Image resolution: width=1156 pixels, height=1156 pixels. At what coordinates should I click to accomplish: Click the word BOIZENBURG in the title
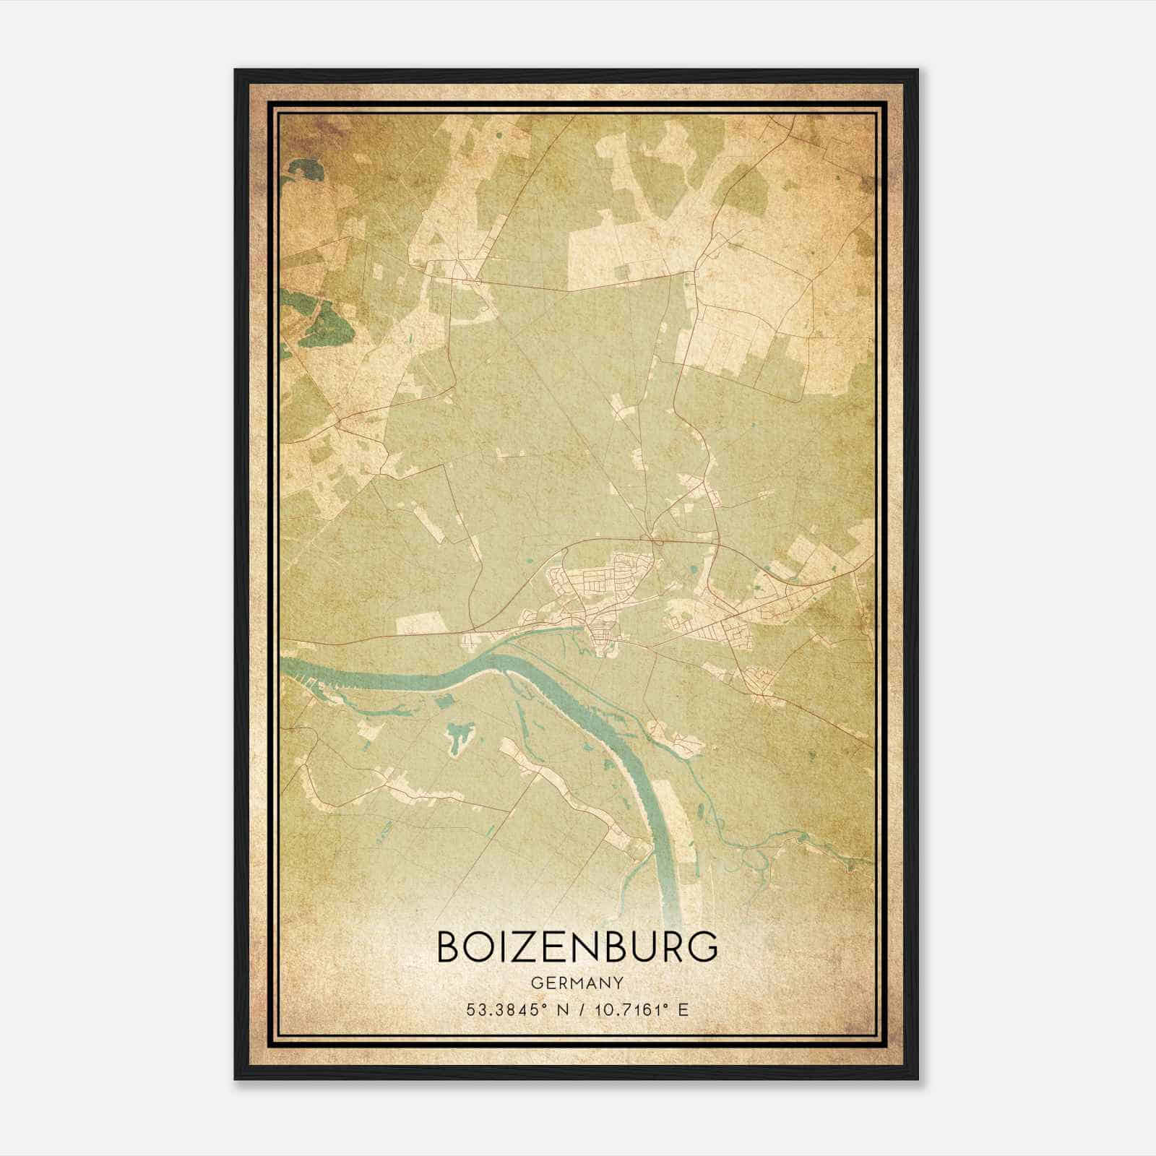pos(577,948)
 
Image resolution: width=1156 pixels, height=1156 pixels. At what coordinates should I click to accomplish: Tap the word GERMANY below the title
pos(577,983)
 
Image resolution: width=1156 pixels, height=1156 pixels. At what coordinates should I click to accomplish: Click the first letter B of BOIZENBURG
pos(451,948)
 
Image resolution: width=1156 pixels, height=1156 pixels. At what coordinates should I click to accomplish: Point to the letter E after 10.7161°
pos(683,1010)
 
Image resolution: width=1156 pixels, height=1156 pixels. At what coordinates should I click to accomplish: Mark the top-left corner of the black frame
pos(235,70)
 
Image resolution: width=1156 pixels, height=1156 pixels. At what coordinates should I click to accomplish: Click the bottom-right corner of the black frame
pos(918,1079)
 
